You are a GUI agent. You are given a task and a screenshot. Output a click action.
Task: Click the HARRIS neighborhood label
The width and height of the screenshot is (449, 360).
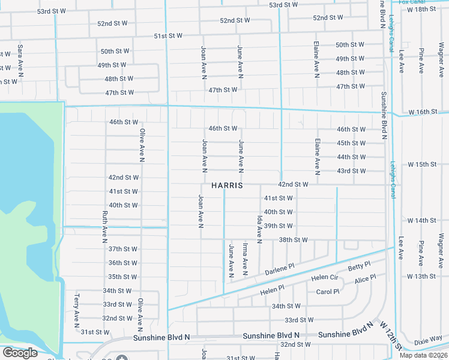227,186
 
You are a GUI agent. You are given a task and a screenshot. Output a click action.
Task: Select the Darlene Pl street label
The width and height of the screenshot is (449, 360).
280,271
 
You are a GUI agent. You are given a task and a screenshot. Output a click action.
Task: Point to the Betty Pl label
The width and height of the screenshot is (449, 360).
360,266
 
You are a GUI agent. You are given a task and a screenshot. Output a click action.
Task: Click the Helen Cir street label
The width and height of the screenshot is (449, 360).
325,278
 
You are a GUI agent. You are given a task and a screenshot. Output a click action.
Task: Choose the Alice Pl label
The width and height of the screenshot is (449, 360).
365,280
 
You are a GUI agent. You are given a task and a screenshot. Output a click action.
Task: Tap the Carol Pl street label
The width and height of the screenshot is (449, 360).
328,292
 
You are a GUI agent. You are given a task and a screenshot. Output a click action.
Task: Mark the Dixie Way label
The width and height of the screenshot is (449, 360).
428,340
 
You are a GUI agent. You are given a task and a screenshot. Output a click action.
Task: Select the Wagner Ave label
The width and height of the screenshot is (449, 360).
441,251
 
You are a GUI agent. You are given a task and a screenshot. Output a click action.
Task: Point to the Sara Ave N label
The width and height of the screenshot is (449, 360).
20,61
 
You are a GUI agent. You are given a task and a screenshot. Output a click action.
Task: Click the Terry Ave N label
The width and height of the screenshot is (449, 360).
76,310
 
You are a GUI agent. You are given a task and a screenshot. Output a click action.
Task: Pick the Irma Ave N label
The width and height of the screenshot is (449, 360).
245,259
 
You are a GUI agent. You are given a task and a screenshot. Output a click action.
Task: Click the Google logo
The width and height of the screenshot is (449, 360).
20,353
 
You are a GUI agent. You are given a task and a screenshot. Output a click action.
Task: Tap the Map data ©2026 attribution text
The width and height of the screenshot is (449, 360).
423,355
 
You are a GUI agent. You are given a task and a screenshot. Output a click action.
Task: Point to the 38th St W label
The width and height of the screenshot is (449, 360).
294,240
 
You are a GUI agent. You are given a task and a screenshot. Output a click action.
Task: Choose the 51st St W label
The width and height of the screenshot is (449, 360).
168,36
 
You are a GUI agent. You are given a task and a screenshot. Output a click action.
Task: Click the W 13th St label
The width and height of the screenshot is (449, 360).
421,277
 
